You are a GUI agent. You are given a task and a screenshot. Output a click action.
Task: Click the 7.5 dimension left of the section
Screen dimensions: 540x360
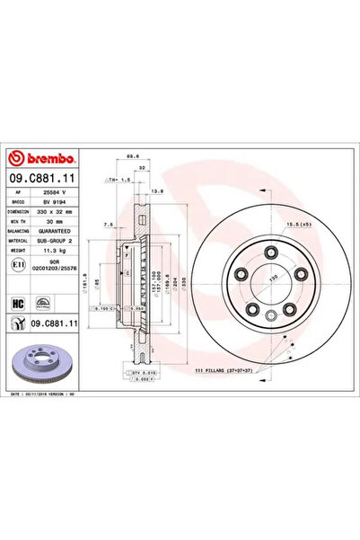click(x=108, y=226)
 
